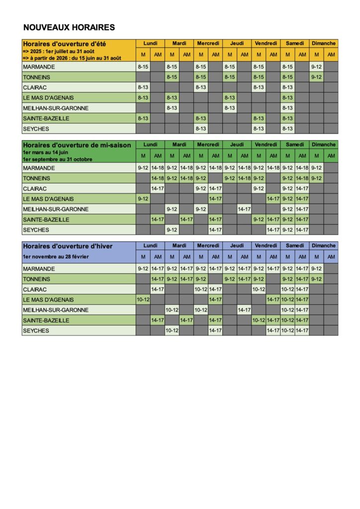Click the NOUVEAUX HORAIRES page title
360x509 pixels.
coord(69,27)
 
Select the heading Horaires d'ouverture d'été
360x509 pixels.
coord(64,44)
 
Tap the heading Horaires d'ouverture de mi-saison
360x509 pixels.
coord(77,145)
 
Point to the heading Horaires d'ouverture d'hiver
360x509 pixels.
coord(68,246)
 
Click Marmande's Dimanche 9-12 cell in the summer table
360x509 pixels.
coord(317,67)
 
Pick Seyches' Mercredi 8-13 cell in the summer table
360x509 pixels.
coord(201,128)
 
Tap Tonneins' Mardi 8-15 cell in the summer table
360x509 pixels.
coord(172,77)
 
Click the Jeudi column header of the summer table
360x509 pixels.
coord(237,43)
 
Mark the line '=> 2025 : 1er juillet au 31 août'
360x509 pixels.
coord(58,51)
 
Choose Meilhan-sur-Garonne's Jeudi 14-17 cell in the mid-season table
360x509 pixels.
coord(244,209)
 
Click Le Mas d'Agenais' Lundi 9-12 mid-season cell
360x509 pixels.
coord(143,199)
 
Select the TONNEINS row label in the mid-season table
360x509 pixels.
coord(36,178)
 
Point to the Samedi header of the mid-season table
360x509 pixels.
coord(295,144)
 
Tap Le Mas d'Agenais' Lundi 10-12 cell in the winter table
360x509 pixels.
coord(143,300)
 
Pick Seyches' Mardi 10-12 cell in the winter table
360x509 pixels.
coord(172,331)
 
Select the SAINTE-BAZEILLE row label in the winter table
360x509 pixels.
coord(46,320)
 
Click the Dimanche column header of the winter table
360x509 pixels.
coord(324,245)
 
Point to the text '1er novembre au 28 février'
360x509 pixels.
coord(56,256)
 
